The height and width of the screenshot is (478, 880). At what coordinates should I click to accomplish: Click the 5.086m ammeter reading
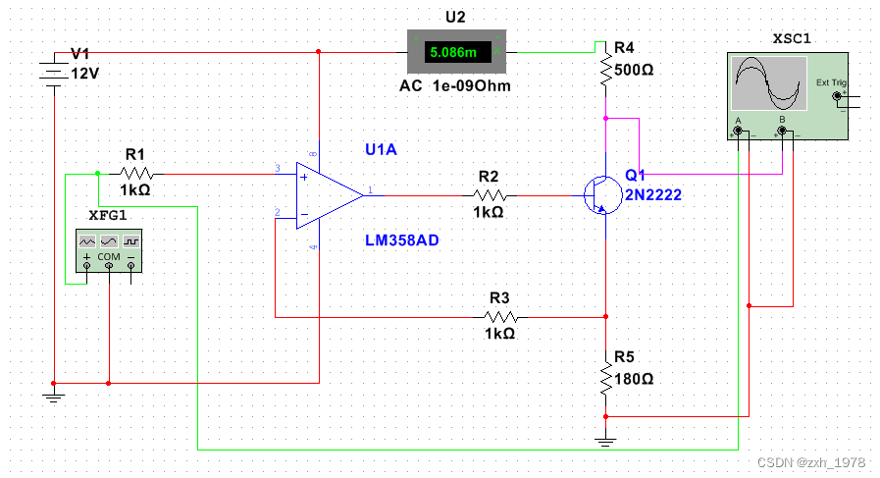453,52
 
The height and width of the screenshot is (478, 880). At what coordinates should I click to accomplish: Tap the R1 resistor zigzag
135,174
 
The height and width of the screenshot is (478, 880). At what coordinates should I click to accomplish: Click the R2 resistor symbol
490,195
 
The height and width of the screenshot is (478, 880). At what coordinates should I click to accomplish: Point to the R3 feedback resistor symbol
501,317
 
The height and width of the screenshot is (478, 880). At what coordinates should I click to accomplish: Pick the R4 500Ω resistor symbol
605,69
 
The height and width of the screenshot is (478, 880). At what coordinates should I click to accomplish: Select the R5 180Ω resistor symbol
605,379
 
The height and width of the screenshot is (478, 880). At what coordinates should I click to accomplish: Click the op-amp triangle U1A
330,195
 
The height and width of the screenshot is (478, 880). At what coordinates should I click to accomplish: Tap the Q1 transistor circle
602,195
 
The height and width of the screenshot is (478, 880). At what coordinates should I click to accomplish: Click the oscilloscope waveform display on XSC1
769,83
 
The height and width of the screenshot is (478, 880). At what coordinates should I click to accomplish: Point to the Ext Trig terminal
837,96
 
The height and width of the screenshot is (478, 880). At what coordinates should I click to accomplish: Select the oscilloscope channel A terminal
738,131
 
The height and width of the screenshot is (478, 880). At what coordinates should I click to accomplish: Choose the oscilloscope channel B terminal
782,131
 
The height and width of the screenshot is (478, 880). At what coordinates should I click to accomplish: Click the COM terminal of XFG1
109,265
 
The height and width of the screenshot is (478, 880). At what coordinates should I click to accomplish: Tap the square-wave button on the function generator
131,241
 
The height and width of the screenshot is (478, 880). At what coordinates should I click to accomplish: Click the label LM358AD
402,240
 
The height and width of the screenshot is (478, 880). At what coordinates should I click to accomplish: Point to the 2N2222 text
653,195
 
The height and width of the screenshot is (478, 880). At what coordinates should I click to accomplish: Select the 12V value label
84,74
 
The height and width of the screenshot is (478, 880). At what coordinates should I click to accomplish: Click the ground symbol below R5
605,442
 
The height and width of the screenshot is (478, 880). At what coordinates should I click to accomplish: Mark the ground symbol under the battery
53,398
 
